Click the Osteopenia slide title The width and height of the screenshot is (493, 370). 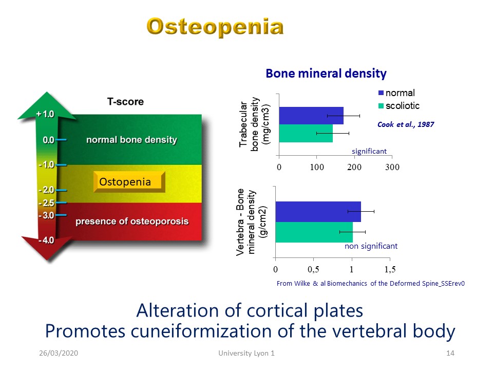[x=215, y=27]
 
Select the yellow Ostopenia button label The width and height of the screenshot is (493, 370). [x=125, y=182]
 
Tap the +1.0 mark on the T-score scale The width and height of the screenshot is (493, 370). [x=45, y=114]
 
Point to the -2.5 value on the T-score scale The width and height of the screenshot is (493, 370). [x=46, y=203]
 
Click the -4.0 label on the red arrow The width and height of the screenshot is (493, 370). [x=46, y=240]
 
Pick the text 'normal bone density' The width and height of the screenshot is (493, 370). [x=132, y=140]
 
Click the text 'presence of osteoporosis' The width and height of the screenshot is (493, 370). [x=132, y=221]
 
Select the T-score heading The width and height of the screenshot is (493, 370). [x=125, y=102]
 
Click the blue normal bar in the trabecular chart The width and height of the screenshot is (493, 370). [x=311, y=116]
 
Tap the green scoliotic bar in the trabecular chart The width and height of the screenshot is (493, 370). [x=306, y=134]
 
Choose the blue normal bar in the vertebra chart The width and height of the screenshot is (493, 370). [x=318, y=212]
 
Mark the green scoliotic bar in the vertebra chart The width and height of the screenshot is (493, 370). [x=314, y=232]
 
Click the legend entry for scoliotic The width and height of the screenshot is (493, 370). [x=399, y=106]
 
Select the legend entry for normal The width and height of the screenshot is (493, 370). [x=397, y=93]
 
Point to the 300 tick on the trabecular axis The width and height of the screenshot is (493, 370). [x=392, y=167]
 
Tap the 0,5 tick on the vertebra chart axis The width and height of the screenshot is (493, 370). [x=313, y=269]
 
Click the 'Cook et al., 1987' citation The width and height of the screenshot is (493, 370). [x=406, y=124]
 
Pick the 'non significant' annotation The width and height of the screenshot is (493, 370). [x=371, y=246]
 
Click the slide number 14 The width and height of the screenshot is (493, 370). [x=450, y=353]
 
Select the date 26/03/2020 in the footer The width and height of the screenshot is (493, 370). [x=59, y=353]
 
